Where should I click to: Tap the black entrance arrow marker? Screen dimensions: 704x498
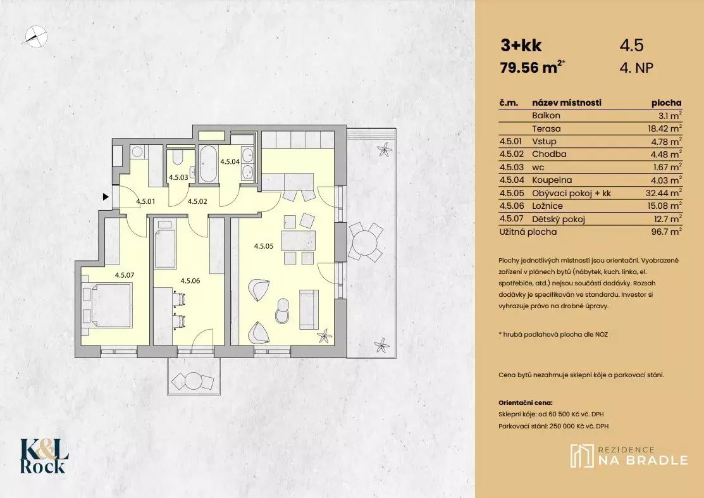tap(106, 197)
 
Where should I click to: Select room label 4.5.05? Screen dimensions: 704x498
tap(264, 246)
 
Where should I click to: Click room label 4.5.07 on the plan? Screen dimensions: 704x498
tap(125, 275)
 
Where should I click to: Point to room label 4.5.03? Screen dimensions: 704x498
tap(178, 177)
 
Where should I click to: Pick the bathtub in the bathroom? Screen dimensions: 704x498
tap(208, 163)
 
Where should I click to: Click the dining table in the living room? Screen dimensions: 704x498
tap(298, 240)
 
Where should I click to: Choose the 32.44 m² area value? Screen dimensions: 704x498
tap(664, 193)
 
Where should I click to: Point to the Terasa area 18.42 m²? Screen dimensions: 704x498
tap(664, 128)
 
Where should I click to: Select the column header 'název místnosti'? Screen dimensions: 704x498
tap(567, 103)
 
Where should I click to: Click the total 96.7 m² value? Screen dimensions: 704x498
tap(667, 232)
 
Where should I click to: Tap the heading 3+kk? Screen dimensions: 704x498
tap(521, 46)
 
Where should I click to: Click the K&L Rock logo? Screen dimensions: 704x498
tap(44, 456)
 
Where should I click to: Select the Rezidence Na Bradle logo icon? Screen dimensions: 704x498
tap(581, 456)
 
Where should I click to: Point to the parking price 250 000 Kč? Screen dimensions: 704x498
tap(568, 426)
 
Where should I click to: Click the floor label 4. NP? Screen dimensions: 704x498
tap(636, 68)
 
